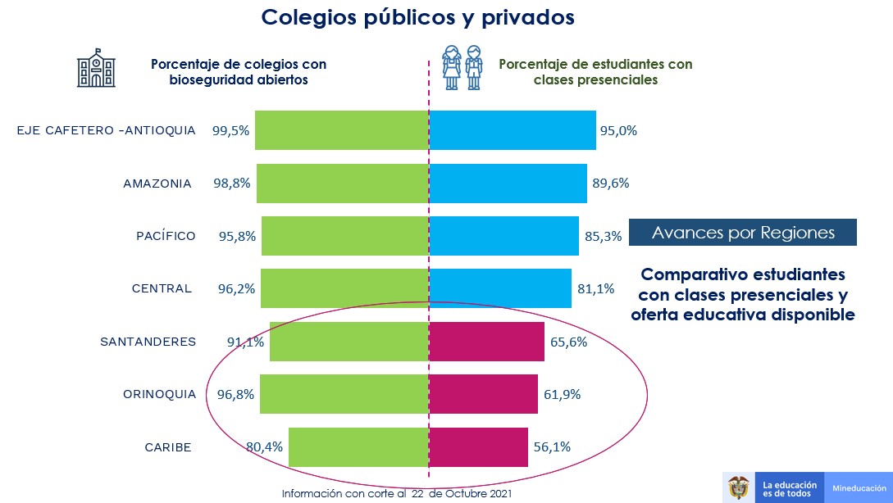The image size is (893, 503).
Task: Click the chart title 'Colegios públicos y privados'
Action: click(x=418, y=18)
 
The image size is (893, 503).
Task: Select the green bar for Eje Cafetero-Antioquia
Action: click(x=341, y=130)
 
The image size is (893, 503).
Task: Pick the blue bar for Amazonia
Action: click(x=508, y=184)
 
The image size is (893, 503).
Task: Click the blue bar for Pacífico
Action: click(x=503, y=236)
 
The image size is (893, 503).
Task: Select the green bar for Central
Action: click(x=344, y=288)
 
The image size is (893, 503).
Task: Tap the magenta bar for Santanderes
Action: click(x=486, y=342)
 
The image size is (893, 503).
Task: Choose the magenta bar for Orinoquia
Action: click(x=483, y=394)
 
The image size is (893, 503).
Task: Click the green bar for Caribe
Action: click(x=358, y=447)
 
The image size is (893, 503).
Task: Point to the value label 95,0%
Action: click(x=619, y=130)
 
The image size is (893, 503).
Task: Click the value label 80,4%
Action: click(x=265, y=447)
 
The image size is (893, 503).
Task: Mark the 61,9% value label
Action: click(x=562, y=394)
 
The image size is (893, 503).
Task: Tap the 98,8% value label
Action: click(x=234, y=184)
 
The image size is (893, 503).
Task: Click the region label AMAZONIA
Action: click(x=157, y=184)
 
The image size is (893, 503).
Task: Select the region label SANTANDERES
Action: click(x=148, y=342)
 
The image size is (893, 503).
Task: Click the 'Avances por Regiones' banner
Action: click(x=743, y=233)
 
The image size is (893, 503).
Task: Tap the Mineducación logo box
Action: click(x=859, y=488)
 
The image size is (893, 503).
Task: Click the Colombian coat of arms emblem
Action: click(x=739, y=487)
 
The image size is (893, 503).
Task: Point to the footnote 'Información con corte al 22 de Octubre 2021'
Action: click(x=396, y=494)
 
